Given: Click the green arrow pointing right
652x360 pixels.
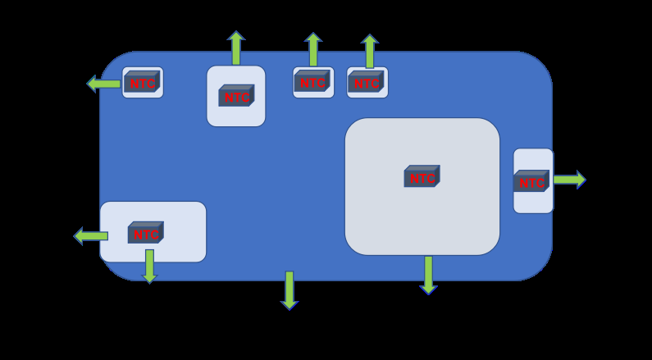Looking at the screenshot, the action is (569, 180).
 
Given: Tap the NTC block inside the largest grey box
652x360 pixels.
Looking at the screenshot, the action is (422, 176).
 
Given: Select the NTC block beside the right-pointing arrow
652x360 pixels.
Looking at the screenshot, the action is (531, 181).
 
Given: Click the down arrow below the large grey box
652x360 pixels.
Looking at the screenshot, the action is (428, 275).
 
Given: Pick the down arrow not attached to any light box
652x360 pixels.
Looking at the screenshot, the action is (290, 290).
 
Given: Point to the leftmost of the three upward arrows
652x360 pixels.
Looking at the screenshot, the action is (236, 48).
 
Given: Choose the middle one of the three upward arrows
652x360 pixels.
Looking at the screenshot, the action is (313, 49).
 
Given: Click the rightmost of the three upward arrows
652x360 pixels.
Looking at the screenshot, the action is (370, 51).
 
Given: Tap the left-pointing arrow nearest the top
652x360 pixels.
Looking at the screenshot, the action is (103, 84).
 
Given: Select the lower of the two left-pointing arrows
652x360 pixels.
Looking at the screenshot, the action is (91, 236).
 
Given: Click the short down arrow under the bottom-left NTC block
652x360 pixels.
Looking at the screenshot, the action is (150, 266).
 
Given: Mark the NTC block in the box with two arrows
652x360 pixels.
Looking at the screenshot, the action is (145, 232).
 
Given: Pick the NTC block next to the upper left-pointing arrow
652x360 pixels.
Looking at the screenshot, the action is (142, 81).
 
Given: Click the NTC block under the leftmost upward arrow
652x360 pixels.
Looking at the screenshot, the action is (236, 96).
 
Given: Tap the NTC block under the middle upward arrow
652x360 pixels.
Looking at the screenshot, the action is (312, 81).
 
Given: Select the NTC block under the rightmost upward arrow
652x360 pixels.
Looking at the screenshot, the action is (366, 81).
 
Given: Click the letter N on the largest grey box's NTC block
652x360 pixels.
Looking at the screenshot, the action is (414, 178).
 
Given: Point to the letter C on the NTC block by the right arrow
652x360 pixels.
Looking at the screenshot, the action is (540, 183).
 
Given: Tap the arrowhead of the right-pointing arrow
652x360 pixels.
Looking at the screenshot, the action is (581, 180).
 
